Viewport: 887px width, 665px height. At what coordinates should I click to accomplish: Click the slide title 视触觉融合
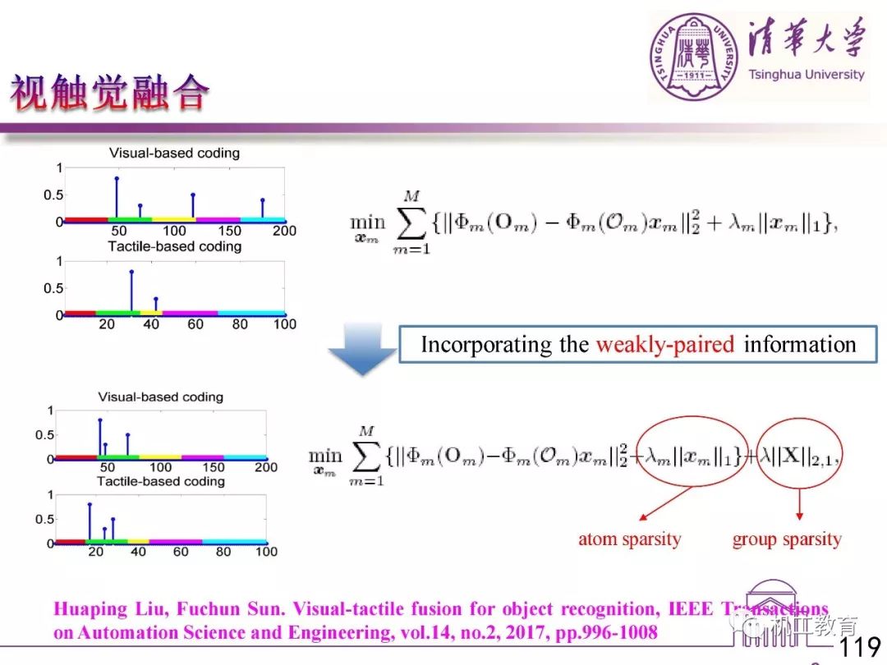tap(109, 93)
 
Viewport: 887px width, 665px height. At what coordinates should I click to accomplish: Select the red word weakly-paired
tap(665, 344)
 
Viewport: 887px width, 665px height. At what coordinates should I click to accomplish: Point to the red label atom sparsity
tap(629, 539)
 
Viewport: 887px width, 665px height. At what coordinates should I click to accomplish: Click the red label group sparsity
tap(787, 539)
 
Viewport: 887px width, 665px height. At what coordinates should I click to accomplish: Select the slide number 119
tap(860, 648)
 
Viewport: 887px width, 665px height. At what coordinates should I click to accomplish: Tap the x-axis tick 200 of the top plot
tap(284, 231)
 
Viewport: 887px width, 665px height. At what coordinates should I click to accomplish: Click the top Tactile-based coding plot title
tap(175, 246)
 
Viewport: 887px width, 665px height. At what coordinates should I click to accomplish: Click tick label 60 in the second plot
tap(195, 324)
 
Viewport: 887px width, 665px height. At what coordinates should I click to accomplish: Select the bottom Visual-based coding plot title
tap(160, 397)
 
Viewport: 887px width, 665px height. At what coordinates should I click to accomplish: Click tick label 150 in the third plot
tap(214, 467)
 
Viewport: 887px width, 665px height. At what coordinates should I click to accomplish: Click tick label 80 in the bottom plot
tap(223, 552)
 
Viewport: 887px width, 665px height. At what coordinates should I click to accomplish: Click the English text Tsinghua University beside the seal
tap(806, 75)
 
